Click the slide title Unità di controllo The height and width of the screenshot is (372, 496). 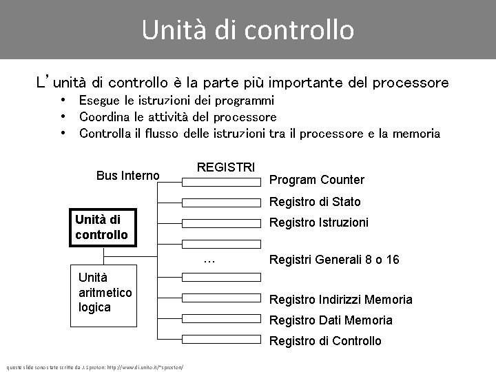pyautogui.click(x=248, y=30)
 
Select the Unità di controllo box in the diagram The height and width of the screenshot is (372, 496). pyautogui.click(x=103, y=227)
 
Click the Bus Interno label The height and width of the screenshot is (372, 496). pyautogui.click(x=127, y=176)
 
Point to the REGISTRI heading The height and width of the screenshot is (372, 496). pyautogui.click(x=226, y=167)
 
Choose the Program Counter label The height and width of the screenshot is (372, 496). pyautogui.click(x=316, y=180)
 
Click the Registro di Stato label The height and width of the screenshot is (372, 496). pyautogui.click(x=315, y=203)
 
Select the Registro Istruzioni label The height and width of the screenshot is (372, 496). pyautogui.click(x=318, y=223)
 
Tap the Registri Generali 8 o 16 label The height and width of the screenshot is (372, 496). pyautogui.click(x=334, y=260)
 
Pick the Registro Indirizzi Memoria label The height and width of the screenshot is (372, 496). pyautogui.click(x=340, y=300)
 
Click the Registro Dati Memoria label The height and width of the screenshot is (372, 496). pyautogui.click(x=331, y=320)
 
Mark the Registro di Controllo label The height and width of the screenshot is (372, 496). pyautogui.click(x=324, y=341)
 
